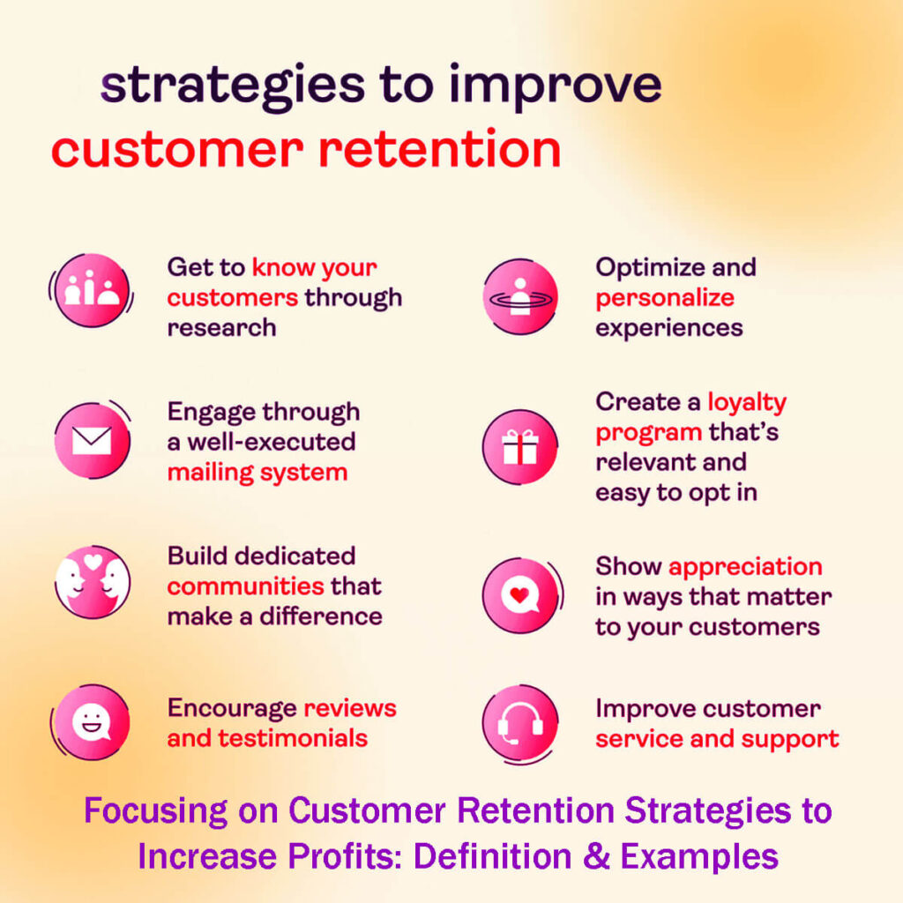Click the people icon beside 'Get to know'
click(92, 291)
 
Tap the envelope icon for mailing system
click(92, 440)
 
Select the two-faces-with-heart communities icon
click(92, 582)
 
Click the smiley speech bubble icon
click(92, 722)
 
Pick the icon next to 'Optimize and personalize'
click(520, 296)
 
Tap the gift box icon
click(520, 447)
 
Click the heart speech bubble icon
click(520, 595)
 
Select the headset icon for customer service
click(520, 723)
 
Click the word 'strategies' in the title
click(232, 86)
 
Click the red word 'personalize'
click(665, 298)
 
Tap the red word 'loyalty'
click(747, 403)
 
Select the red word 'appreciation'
click(745, 566)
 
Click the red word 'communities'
click(246, 586)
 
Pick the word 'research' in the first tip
click(221, 327)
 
